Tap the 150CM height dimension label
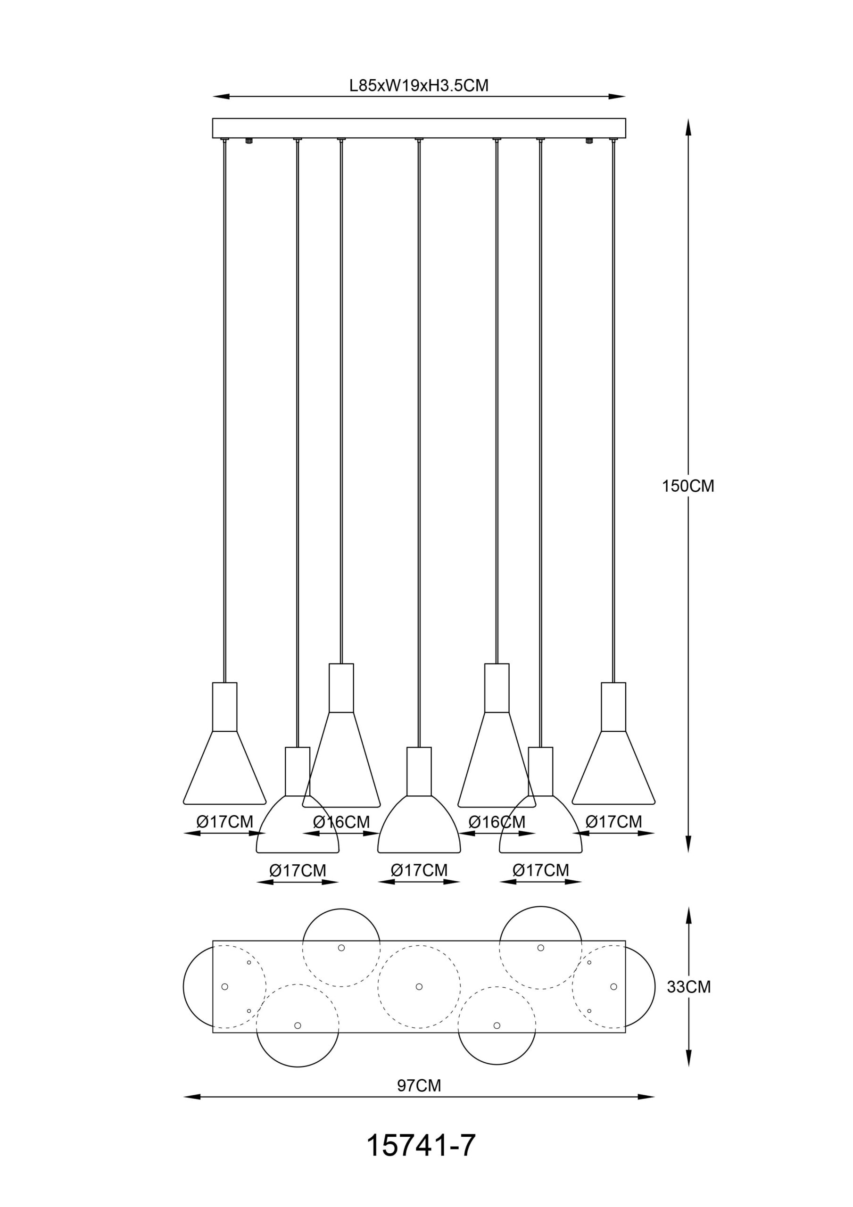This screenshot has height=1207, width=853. [x=688, y=486]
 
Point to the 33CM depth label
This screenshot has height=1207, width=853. [x=689, y=987]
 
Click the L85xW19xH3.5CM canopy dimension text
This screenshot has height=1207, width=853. [x=419, y=85]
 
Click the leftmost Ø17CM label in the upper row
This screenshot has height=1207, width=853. [x=224, y=821]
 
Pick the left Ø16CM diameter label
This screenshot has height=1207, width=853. [x=341, y=821]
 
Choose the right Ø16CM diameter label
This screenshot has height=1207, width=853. [x=497, y=821]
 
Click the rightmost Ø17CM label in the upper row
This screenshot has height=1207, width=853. [x=614, y=821]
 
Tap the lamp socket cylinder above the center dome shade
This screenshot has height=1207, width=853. [x=419, y=771]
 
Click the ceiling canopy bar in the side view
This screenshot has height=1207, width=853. [x=419, y=128]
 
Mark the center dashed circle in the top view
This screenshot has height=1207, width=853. [x=419, y=986]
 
